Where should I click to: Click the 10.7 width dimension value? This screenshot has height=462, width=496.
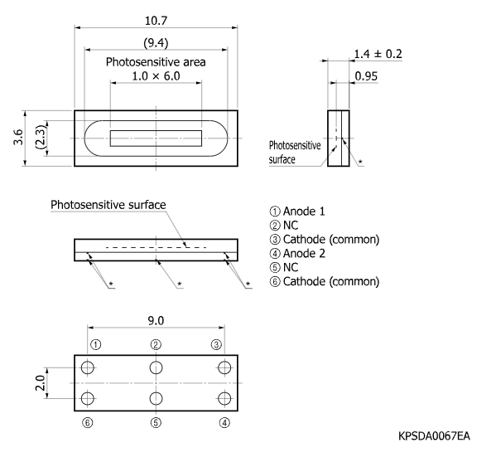click(156, 21)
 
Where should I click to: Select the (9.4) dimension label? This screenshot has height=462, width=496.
click(156, 43)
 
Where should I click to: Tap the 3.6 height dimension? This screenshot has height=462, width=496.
click(18, 137)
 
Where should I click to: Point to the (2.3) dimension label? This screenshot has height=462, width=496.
click(41, 138)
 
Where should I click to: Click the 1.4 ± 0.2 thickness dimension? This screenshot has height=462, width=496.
click(378, 54)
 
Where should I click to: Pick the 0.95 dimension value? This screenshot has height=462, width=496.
click(366, 76)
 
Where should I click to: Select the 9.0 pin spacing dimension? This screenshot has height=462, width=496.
click(156, 321)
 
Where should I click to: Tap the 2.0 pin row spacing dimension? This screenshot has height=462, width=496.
click(41, 382)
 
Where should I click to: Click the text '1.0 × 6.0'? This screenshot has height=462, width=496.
click(156, 76)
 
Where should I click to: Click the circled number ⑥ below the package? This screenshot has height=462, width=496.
click(88, 422)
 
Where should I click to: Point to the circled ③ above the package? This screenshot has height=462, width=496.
click(216, 344)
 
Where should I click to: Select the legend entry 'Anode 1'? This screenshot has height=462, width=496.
click(297, 212)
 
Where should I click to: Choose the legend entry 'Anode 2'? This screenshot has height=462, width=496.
click(297, 254)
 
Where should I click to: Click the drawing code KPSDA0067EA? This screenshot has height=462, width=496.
click(434, 436)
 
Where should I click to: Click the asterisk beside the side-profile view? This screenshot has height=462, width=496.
click(360, 162)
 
